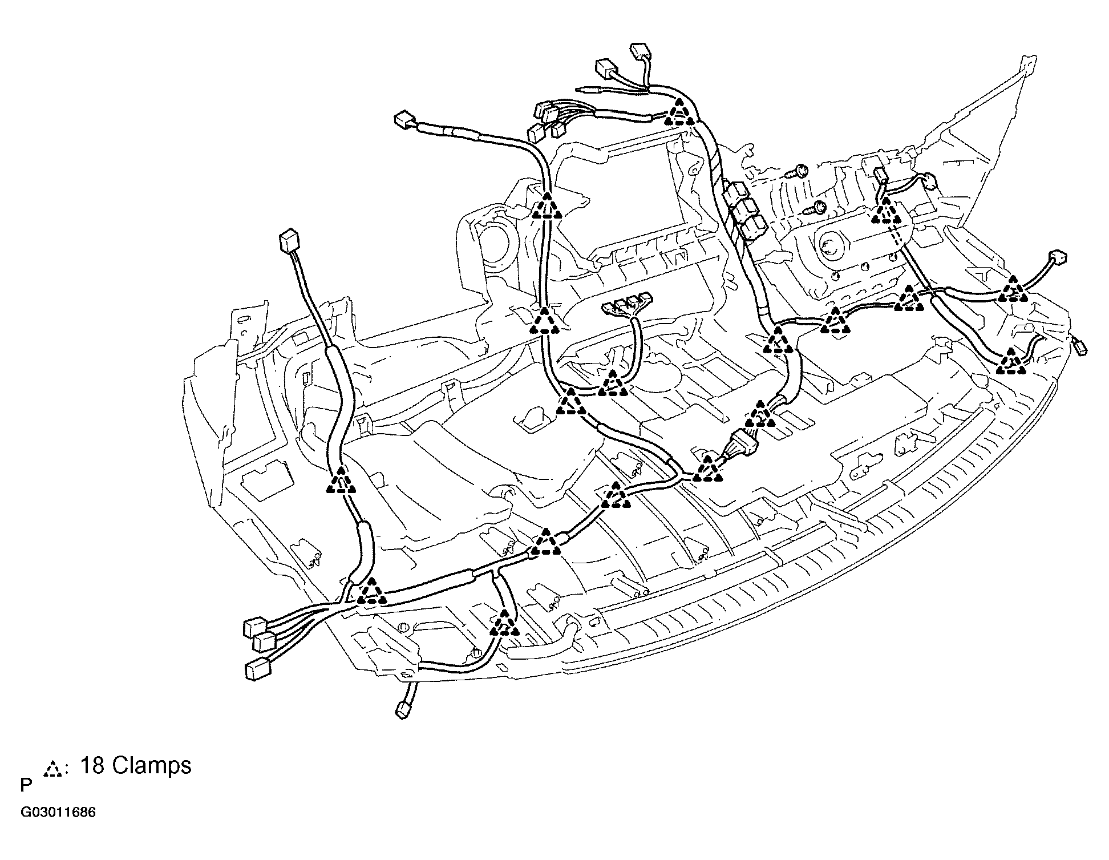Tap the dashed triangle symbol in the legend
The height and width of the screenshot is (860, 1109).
pos(53,769)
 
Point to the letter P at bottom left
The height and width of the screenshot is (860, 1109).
pos(26,786)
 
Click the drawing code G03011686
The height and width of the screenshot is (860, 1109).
pos(58,813)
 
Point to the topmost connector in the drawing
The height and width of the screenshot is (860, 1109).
pos(641,51)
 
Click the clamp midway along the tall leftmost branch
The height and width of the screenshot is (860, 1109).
pos(341,479)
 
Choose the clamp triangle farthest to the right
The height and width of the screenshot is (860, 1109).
pos(1013,289)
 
